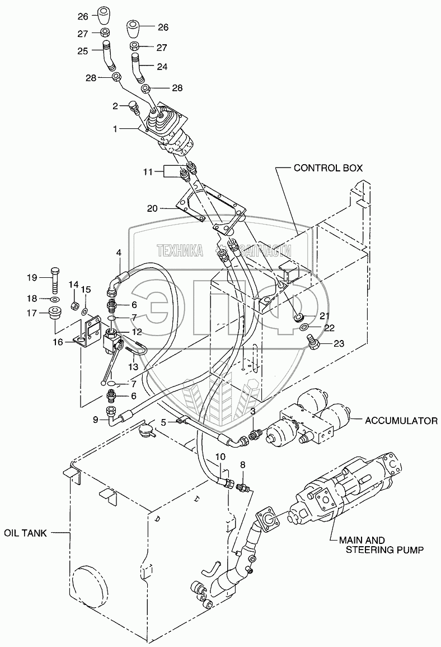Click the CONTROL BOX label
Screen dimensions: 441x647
pos(327,168)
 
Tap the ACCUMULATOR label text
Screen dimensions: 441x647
pos(401,421)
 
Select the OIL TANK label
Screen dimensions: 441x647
pos(26,533)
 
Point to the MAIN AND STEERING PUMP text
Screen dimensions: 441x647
pos(384,544)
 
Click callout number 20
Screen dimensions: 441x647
pos(152,209)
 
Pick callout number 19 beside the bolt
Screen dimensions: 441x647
pos(32,278)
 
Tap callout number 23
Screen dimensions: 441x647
pos(339,343)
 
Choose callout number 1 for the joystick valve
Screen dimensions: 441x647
pos(116,129)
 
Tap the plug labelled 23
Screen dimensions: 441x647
pos(313,342)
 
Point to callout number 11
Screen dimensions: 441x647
pos(148,171)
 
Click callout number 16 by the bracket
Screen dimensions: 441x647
pos(58,342)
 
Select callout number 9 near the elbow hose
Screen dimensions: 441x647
pos(96,420)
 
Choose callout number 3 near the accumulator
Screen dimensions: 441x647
pos(252,411)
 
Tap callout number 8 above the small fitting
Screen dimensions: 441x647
pos(242,464)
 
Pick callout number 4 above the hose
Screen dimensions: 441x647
pos(119,252)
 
